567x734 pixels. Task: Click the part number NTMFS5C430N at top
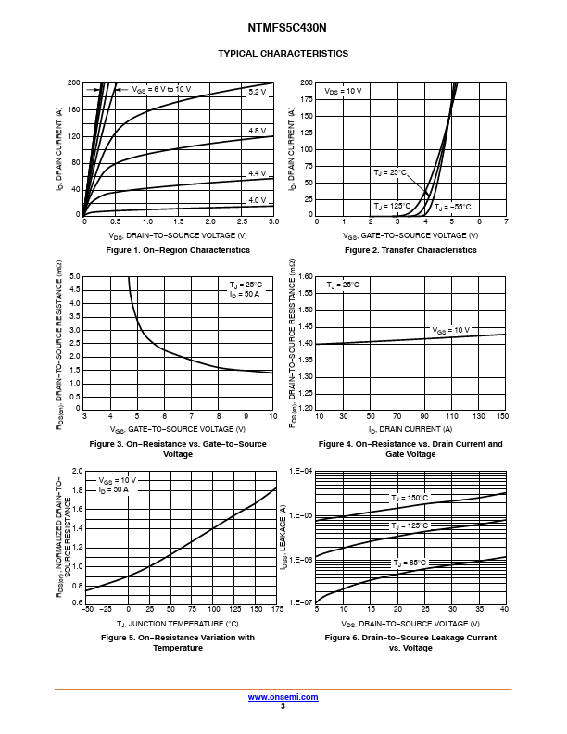283,28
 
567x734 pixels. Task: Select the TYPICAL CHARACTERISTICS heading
283,54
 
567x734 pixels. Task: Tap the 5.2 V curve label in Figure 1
257,93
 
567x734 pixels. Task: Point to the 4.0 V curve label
257,200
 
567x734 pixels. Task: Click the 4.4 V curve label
257,173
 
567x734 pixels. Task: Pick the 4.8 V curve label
257,132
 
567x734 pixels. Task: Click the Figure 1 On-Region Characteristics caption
178,250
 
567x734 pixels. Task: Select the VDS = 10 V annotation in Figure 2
343,92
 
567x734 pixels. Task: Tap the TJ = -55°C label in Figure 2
452,207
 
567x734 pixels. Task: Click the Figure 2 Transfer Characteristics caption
410,250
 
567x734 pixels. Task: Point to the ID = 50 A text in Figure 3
245,294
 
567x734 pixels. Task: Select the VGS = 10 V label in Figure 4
451,330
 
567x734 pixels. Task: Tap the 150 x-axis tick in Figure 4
503,417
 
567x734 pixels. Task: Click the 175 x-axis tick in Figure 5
275,610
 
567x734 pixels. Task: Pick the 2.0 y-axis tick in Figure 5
77,472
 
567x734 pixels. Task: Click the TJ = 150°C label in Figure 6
409,498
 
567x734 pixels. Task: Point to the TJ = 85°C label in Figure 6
409,563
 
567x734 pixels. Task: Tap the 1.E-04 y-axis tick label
301,472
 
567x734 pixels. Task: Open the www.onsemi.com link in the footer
283,696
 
